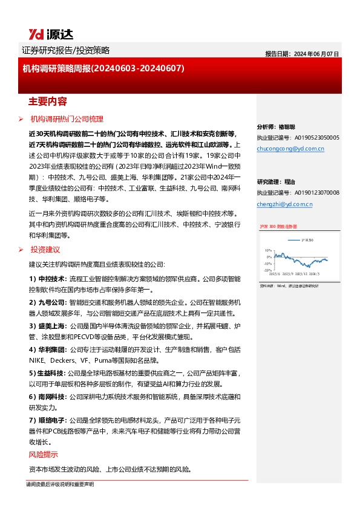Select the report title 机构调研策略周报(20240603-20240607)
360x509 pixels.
point(103,69)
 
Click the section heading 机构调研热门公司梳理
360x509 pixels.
point(67,119)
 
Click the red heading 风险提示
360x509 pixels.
point(44,455)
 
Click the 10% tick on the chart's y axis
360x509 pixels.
point(268,250)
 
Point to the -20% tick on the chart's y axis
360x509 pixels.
point(267,271)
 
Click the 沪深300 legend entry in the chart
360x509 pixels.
point(307,239)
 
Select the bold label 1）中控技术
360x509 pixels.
point(48,279)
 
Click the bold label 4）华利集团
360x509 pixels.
point(48,349)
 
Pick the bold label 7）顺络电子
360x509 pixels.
point(48,420)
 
